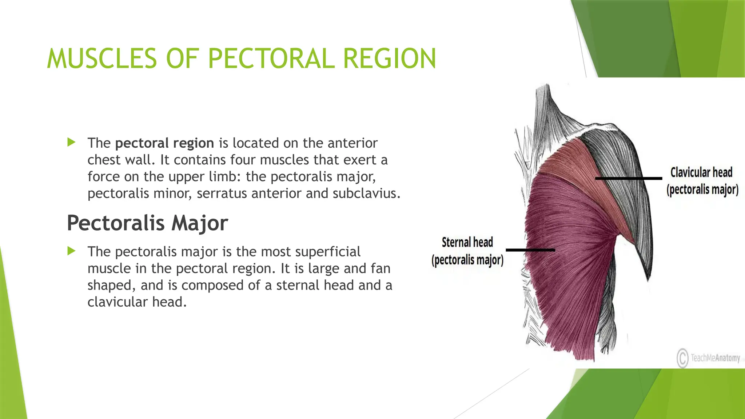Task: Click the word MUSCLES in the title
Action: pos(101,59)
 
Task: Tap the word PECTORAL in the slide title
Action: pos(271,59)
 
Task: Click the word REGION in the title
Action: pos(389,59)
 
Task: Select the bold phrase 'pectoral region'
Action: pos(164,143)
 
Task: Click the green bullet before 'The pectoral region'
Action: pos(71,142)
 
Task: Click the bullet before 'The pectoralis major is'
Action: pos(71,251)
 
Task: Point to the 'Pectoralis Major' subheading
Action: pos(147,223)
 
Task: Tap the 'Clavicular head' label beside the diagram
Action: pos(701,173)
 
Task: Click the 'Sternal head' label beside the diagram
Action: pos(467,243)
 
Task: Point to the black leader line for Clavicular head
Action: pos(628,178)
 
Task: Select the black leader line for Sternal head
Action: pos(530,250)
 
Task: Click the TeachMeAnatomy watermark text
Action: pos(715,358)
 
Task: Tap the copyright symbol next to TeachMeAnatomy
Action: pos(682,358)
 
